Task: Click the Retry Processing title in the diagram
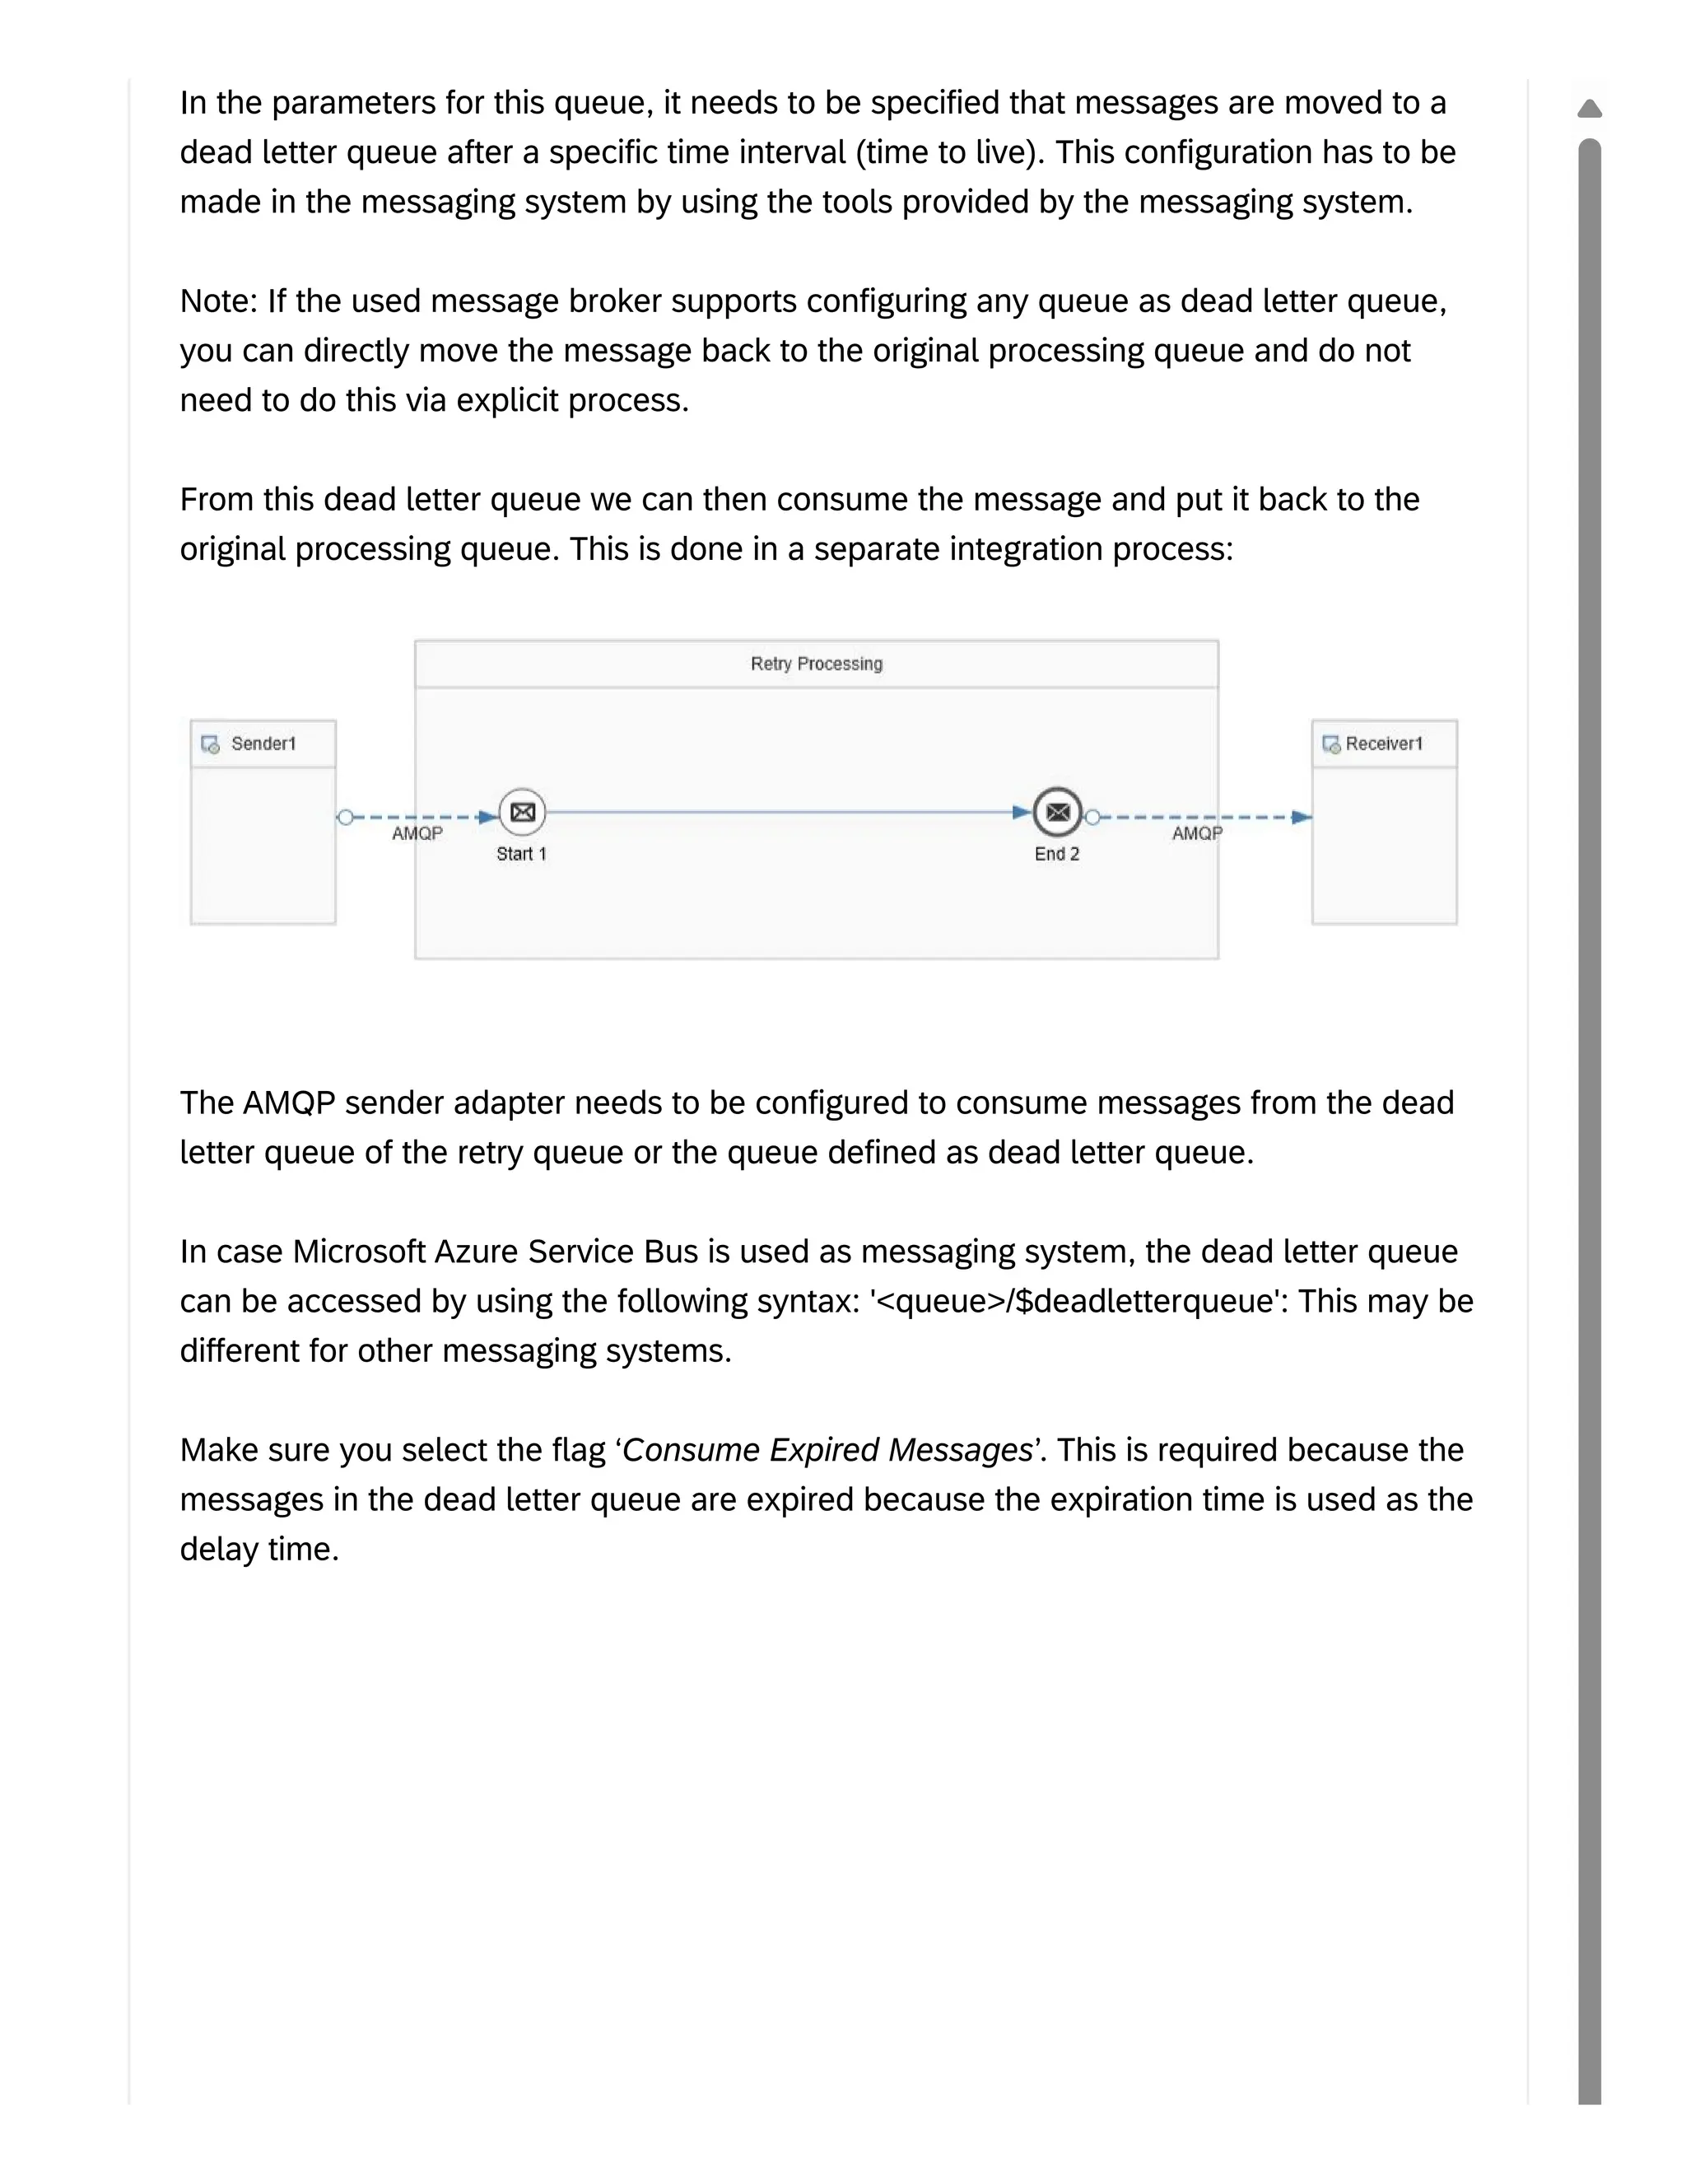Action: (816, 664)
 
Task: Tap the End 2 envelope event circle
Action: (1057, 812)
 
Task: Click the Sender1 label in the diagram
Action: (263, 744)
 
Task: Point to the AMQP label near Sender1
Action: (417, 833)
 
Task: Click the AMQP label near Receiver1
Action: (1196, 833)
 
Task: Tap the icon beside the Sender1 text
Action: (211, 744)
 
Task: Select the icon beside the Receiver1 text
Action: (1331, 744)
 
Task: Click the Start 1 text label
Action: (521, 854)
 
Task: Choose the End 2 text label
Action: (1057, 854)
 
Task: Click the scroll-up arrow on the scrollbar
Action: (1589, 108)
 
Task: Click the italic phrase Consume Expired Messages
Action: (827, 1450)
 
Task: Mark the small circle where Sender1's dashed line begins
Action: (345, 818)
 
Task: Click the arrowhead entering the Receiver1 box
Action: (1302, 818)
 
